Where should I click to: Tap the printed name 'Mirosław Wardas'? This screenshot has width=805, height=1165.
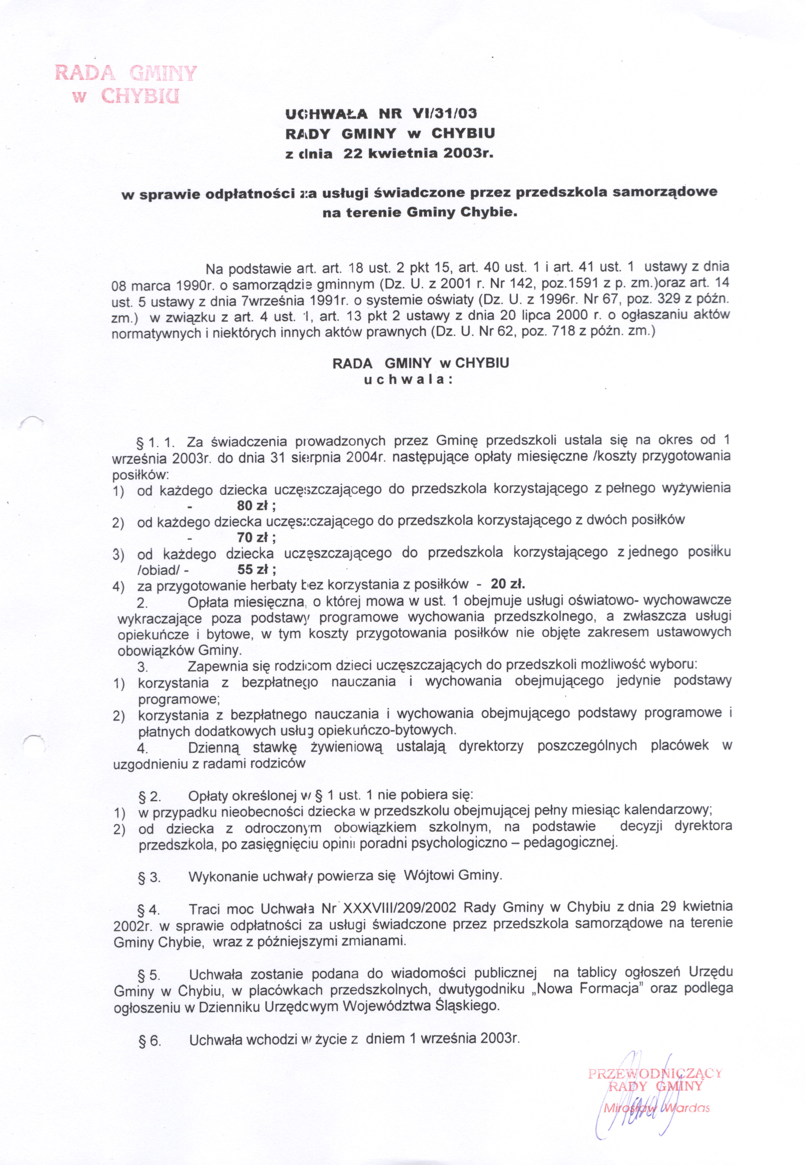coord(656,1105)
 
